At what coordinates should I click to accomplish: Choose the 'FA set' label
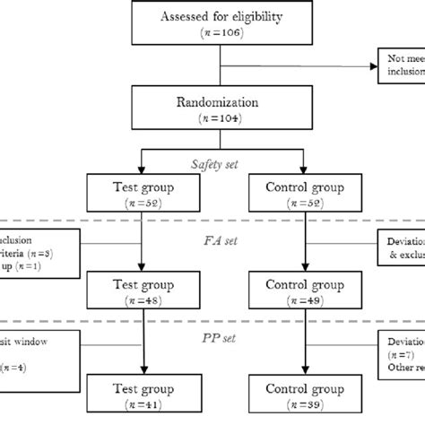click(221, 240)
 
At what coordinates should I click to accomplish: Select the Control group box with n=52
click(306, 195)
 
